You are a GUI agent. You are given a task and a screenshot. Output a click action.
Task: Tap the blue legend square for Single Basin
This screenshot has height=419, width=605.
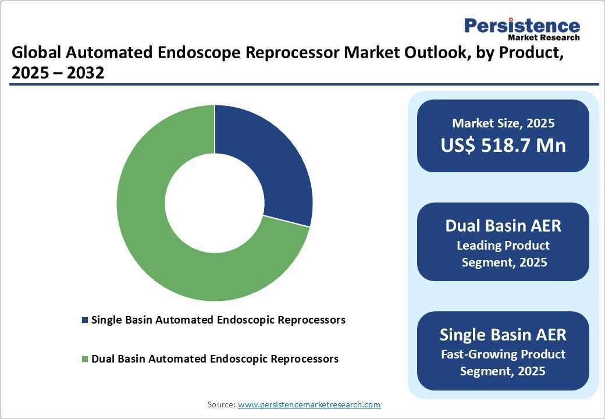[x=86, y=320]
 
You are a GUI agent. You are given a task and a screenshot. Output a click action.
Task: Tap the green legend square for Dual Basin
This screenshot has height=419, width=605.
[x=86, y=359]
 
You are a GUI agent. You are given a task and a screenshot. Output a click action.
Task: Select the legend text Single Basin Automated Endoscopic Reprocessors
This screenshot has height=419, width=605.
[x=218, y=320]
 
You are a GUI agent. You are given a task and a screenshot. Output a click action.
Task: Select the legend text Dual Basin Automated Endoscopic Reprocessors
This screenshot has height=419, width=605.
[x=215, y=359]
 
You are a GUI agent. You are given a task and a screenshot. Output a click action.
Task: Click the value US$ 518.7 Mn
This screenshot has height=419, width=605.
[x=503, y=145]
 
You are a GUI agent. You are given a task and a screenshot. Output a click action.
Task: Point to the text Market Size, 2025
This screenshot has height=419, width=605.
[x=503, y=123]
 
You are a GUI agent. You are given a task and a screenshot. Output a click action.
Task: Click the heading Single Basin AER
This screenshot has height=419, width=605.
[x=503, y=335]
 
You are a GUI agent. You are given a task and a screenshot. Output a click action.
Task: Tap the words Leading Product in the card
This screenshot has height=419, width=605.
[x=503, y=245]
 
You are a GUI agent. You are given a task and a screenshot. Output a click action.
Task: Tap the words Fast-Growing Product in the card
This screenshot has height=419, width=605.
[x=503, y=354]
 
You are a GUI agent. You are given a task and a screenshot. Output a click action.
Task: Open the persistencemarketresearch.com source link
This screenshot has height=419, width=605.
[x=309, y=404]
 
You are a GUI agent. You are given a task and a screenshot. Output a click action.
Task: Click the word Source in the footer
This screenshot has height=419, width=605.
[x=221, y=404]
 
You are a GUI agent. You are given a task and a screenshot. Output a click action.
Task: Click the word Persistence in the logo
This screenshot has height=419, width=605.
[x=522, y=26]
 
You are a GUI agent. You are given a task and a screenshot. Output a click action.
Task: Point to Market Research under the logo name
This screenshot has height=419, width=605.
[x=543, y=38]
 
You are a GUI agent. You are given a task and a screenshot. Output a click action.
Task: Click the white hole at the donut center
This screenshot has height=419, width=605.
[x=215, y=204]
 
